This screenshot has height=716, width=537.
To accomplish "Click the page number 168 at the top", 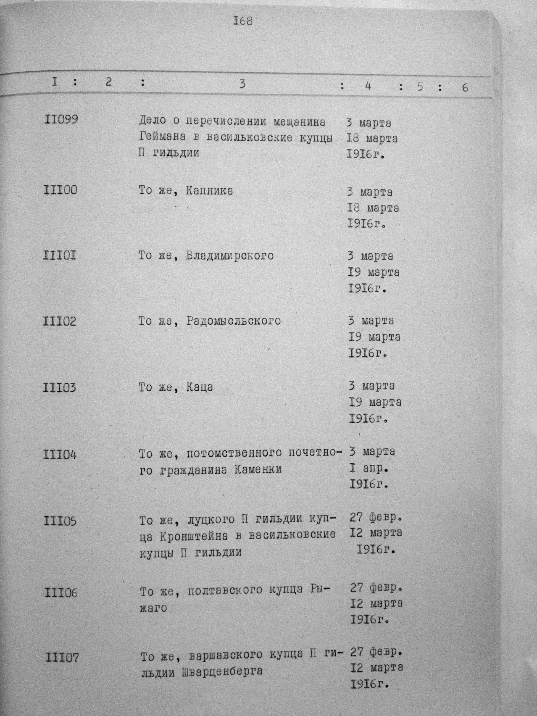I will [x=243, y=21].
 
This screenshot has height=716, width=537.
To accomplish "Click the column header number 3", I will [x=243, y=84].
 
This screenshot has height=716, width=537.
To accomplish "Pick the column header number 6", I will [x=465, y=87].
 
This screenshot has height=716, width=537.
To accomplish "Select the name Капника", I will [x=209, y=191].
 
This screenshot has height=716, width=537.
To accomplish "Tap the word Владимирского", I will [x=230, y=256].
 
